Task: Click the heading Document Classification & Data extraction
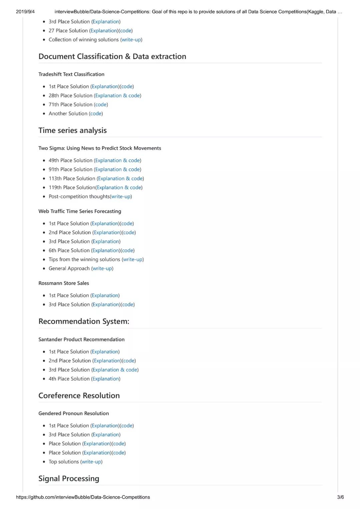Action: (x=112, y=56)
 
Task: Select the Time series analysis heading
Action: (x=73, y=130)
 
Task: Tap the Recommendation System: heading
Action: (x=84, y=321)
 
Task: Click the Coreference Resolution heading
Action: (x=79, y=395)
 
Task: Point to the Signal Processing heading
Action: (x=69, y=478)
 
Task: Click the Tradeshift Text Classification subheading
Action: (x=71, y=74)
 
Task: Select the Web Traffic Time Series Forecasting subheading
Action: (x=80, y=211)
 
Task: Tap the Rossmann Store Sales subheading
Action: (x=64, y=283)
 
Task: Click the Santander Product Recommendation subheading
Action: (x=81, y=339)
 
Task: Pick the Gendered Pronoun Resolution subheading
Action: (x=74, y=413)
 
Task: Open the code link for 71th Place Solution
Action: (x=101, y=105)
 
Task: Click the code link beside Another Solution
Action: (x=96, y=114)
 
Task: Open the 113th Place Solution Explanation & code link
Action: (x=120, y=179)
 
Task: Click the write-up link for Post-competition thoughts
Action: (x=121, y=197)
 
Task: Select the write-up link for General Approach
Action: (x=102, y=268)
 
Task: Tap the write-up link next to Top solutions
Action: (x=91, y=462)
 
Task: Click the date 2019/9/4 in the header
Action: (x=25, y=12)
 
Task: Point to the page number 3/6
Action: (x=340, y=497)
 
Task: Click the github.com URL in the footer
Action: (x=83, y=497)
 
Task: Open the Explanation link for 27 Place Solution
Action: (x=104, y=31)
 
